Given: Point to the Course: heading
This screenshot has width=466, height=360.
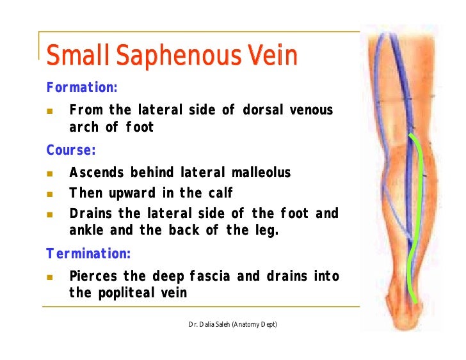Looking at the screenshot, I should (70, 151).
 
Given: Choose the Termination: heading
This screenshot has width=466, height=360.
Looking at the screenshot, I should (88, 254).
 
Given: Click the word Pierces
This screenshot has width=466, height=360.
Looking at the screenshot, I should (93, 276).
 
